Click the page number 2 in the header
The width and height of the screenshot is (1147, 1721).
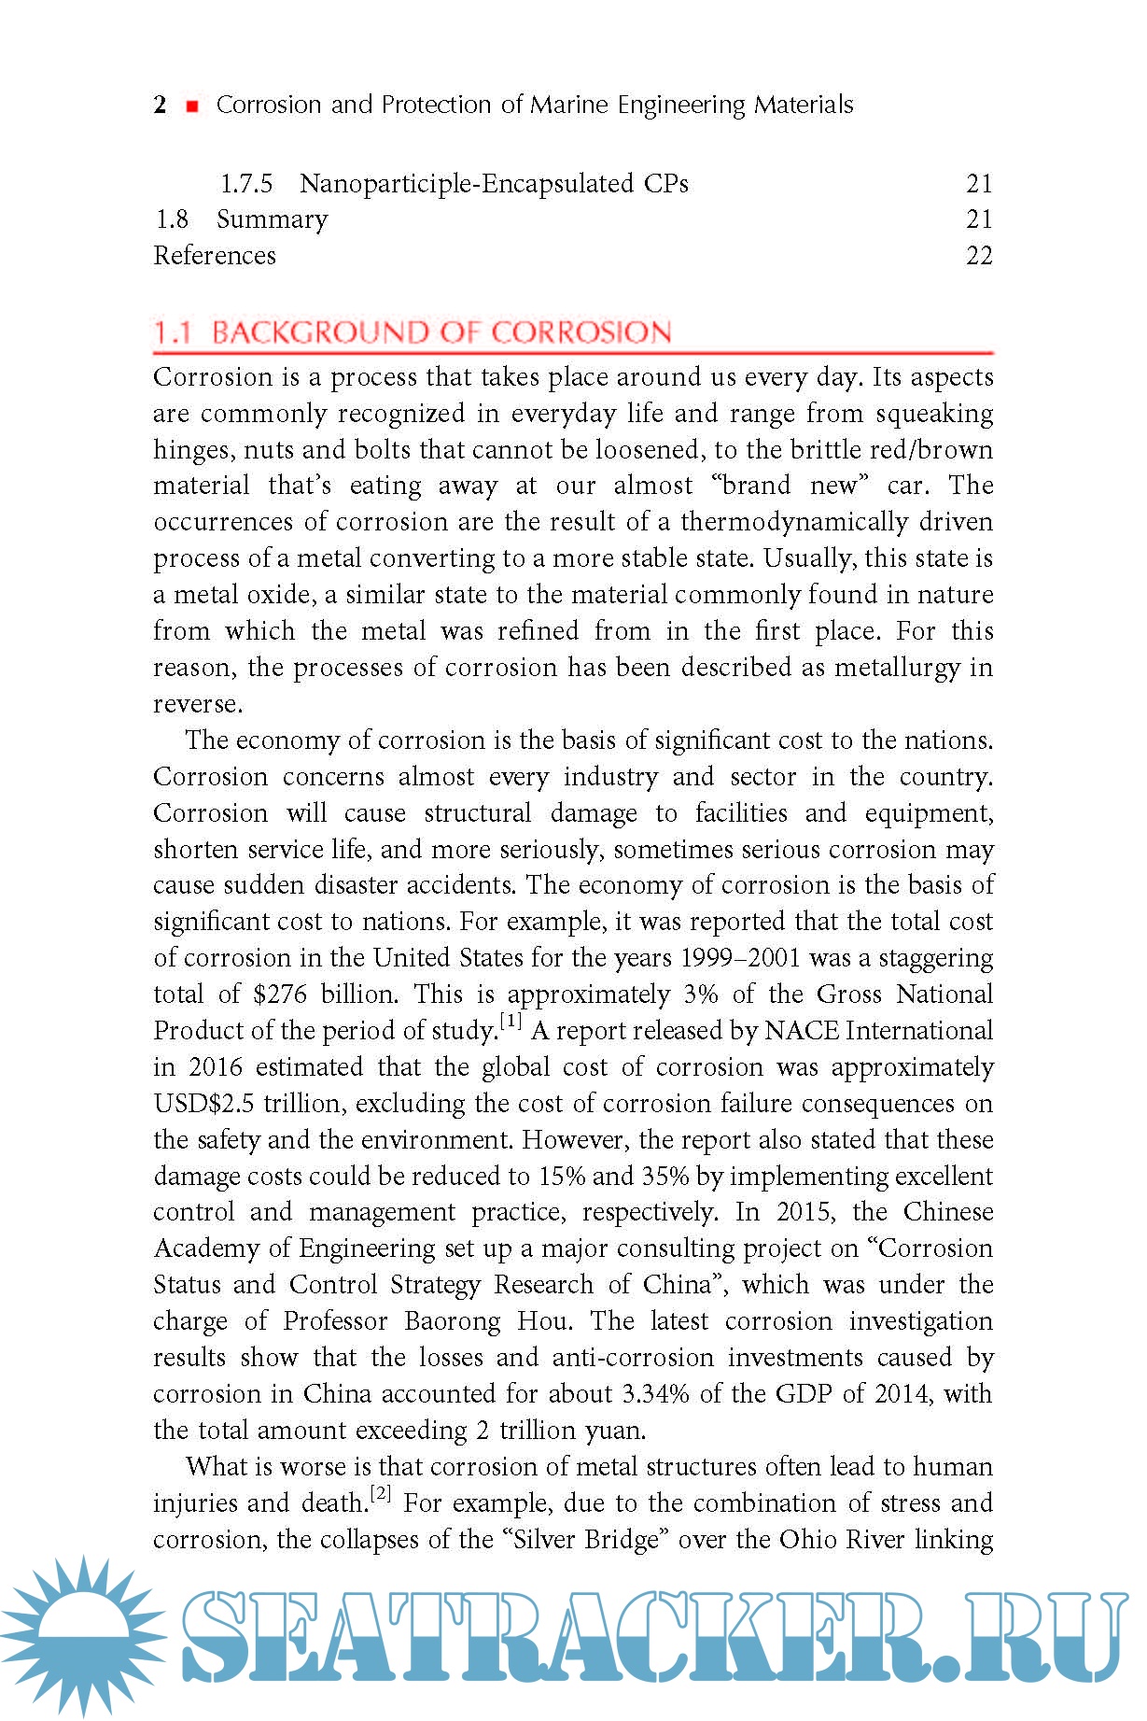161,105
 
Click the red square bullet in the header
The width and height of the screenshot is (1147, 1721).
192,106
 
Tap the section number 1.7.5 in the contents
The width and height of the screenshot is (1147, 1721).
246,183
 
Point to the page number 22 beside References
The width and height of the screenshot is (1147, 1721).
979,255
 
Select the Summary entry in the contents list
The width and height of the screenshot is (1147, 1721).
273,219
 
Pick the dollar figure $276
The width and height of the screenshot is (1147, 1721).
280,994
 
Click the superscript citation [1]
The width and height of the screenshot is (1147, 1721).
511,1022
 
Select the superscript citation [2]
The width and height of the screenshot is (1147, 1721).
381,1494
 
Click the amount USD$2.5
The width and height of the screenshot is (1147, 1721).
203,1103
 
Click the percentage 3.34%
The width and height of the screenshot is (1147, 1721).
655,1393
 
